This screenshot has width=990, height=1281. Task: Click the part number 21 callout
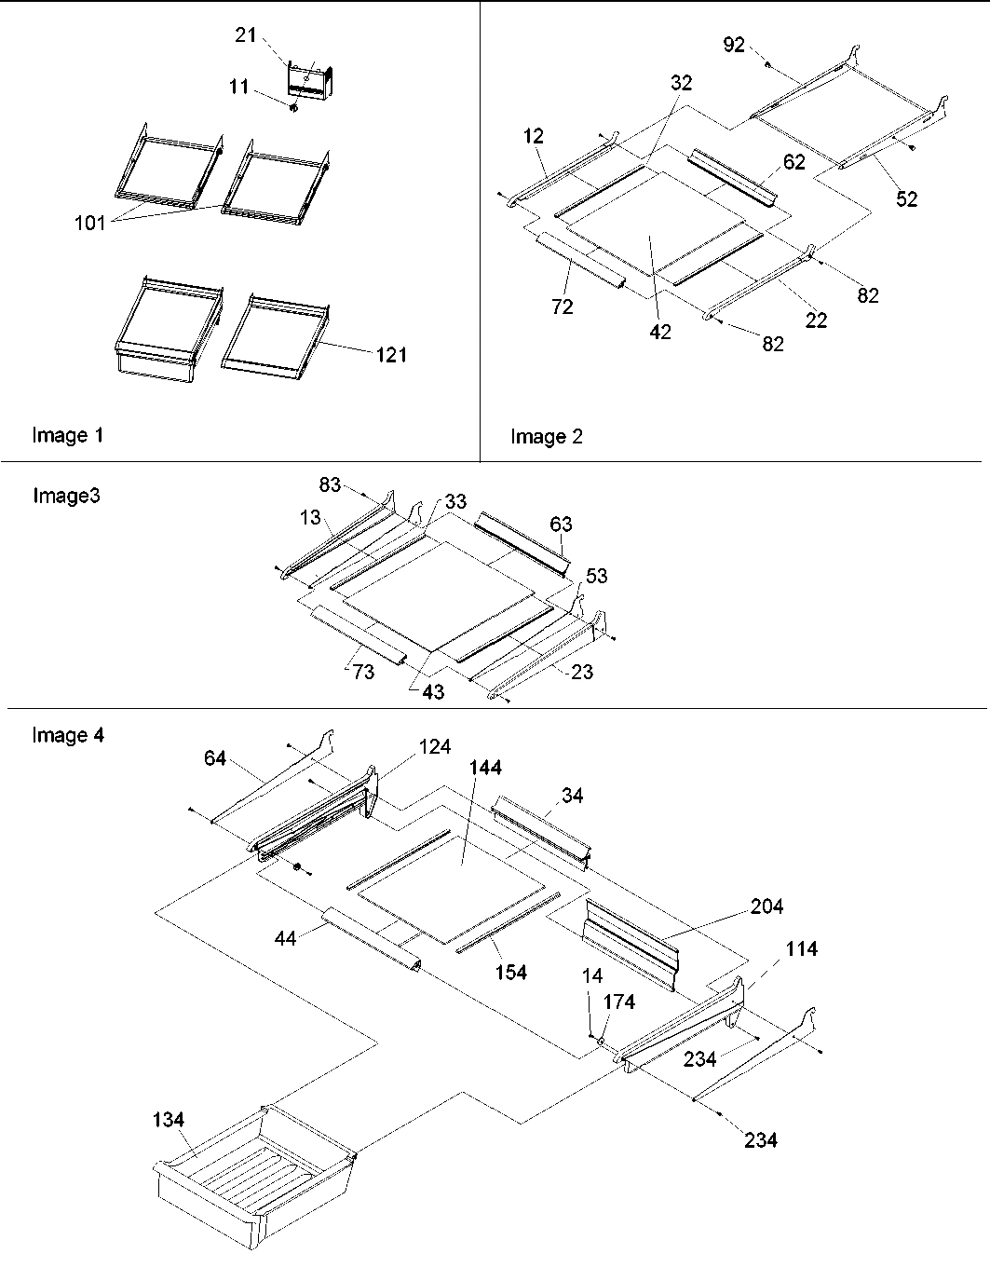click(244, 34)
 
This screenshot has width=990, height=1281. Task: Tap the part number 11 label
click(238, 87)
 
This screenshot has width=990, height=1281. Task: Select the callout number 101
click(90, 224)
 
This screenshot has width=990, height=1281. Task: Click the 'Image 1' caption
click(68, 435)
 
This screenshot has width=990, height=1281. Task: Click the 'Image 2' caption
click(547, 437)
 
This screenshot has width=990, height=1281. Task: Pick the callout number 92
click(734, 44)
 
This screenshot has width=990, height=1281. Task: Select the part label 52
click(906, 198)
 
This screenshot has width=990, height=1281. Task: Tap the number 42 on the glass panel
click(660, 332)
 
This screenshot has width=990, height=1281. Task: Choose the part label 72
click(562, 307)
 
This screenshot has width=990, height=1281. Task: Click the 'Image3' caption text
click(66, 496)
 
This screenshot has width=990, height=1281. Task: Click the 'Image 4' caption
click(68, 736)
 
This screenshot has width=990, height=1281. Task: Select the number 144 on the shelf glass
click(485, 767)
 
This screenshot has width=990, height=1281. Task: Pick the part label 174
click(619, 1002)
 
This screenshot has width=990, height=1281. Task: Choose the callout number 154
click(510, 972)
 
